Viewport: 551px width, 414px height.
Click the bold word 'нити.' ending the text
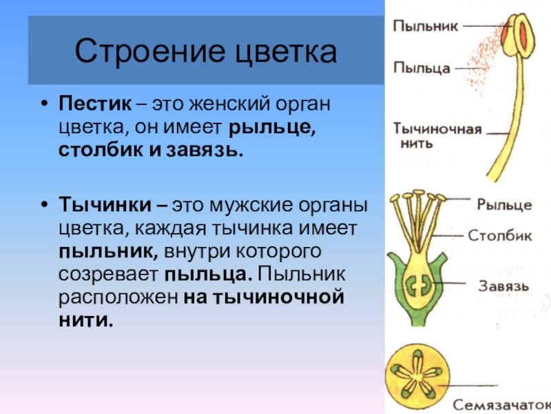(x=85, y=320)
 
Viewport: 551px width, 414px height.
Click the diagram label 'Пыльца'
(x=422, y=68)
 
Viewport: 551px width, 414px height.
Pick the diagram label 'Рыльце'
(x=504, y=204)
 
